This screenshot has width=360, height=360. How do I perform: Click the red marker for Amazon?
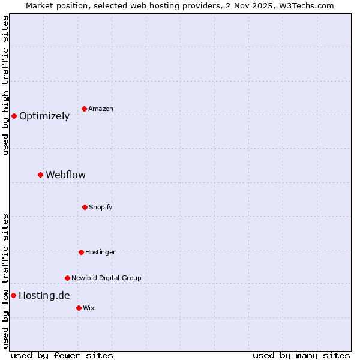(85, 109)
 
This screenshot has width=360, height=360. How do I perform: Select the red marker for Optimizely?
(14, 116)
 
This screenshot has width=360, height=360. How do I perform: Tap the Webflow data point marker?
(40, 175)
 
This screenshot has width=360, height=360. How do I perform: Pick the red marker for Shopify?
(85, 207)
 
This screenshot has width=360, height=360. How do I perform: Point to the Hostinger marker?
(81, 252)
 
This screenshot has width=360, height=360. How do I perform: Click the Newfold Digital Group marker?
(67, 278)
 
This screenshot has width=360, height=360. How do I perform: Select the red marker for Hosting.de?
(13, 295)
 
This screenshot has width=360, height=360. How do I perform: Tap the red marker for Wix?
(79, 308)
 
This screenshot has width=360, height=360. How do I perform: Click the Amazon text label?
(101, 109)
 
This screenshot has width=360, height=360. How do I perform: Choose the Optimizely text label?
(44, 116)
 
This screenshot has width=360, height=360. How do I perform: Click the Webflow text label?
(65, 175)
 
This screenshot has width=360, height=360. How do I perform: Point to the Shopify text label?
(101, 207)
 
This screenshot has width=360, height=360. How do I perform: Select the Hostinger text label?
(100, 252)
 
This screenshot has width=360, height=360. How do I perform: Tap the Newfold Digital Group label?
(106, 278)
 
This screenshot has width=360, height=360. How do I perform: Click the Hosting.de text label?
(44, 295)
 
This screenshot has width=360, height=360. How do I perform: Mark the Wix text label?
(89, 308)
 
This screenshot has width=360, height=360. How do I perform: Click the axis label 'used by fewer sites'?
(62, 355)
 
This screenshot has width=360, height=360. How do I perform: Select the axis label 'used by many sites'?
(301, 355)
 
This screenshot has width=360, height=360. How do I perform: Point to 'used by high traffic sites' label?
(5, 85)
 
